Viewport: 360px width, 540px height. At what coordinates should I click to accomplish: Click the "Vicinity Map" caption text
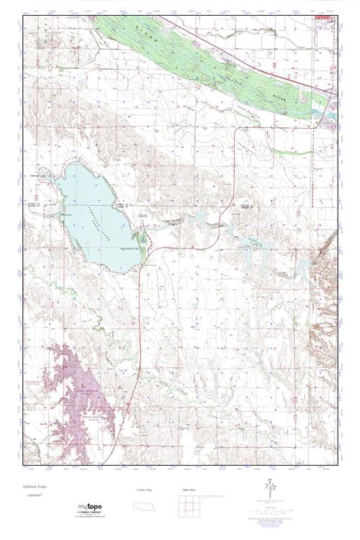click(143, 489)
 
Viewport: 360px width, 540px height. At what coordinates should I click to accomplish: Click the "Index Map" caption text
click(188, 489)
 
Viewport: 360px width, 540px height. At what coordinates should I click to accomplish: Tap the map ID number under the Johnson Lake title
click(30, 496)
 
